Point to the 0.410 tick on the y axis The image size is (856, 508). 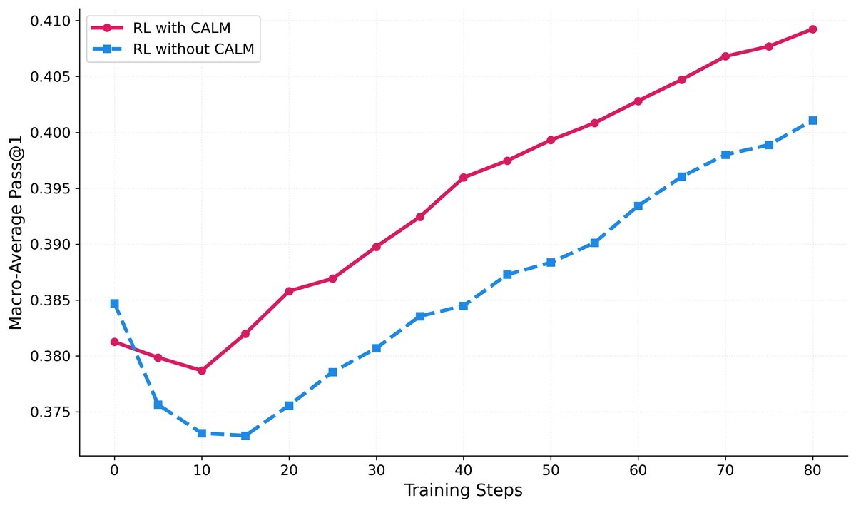[53, 21]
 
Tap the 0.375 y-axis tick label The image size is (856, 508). [53, 412]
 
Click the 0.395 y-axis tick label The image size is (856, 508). [53, 188]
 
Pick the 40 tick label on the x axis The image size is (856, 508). [464, 471]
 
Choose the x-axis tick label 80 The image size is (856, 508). [812, 471]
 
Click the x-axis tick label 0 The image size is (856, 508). [114, 471]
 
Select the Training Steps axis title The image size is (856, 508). [463, 491]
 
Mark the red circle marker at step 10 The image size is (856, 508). [202, 371]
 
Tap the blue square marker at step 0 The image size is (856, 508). [114, 303]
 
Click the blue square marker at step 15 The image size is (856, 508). [245, 436]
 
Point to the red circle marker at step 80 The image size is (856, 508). [812, 29]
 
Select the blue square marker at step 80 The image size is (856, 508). [812, 121]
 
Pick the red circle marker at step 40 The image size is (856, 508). [464, 177]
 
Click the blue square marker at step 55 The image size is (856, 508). [594, 243]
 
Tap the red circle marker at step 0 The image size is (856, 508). [114, 342]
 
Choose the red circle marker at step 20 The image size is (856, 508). [289, 291]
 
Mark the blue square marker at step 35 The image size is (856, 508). [420, 316]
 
